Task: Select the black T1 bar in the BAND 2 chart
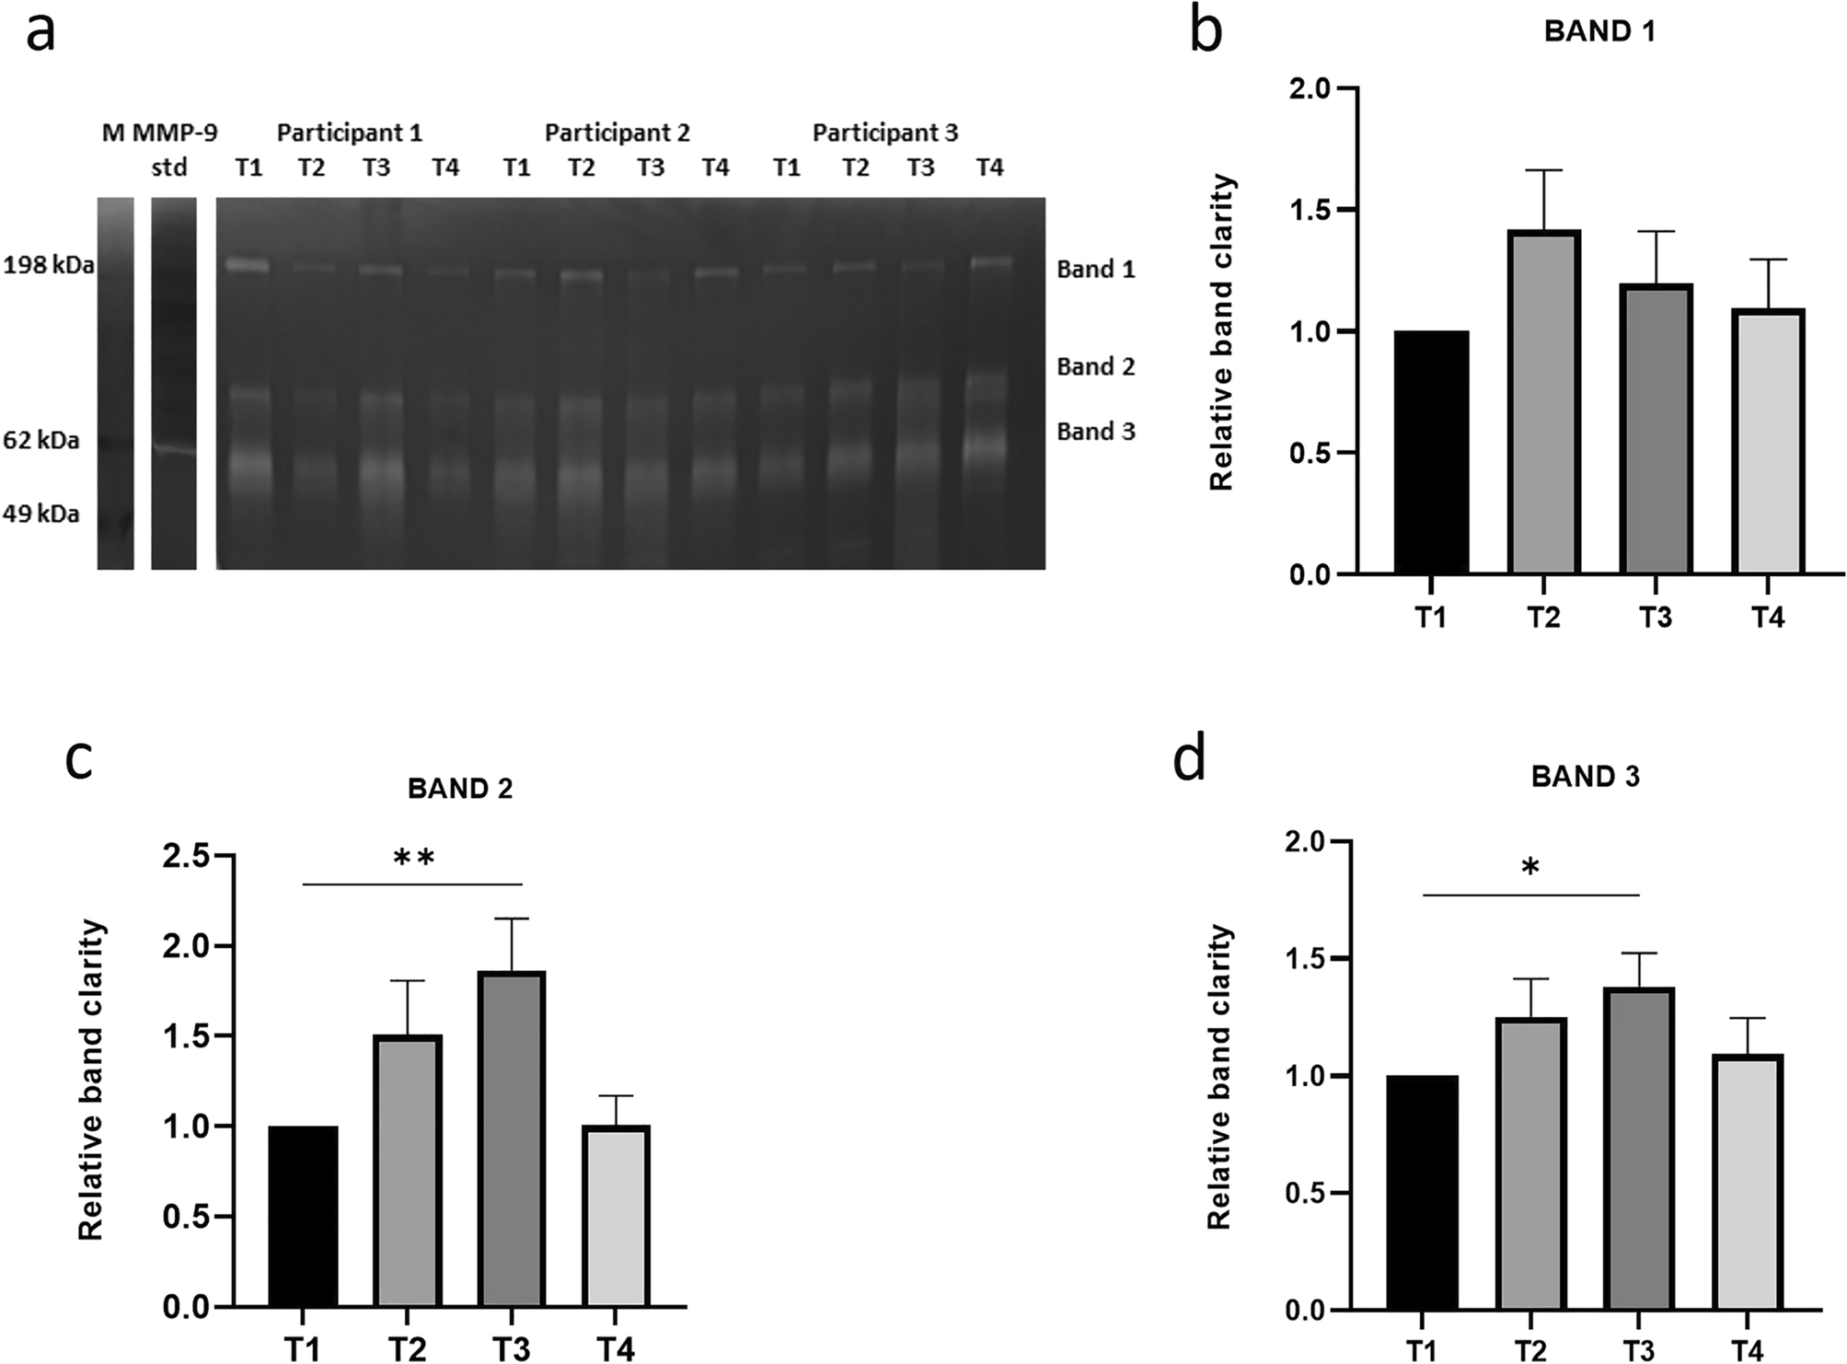(303, 1215)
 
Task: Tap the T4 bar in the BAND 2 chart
(616, 1215)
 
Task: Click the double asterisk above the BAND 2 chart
(413, 859)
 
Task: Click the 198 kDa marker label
(48, 267)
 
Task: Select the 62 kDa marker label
(41, 441)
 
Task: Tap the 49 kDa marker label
(41, 514)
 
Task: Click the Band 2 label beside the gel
(1095, 367)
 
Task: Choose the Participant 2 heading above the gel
(617, 133)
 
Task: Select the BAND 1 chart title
(1599, 32)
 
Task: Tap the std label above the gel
(169, 168)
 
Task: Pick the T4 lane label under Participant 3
(989, 168)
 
